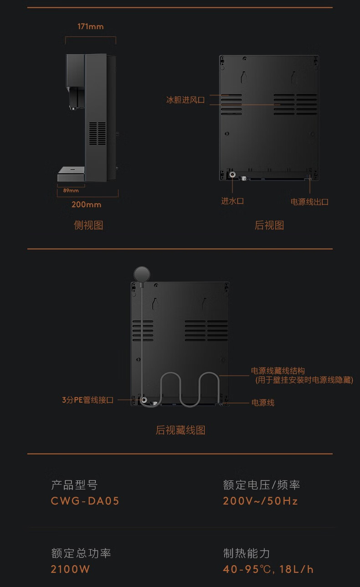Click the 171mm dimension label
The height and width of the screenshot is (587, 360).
pyautogui.click(x=91, y=26)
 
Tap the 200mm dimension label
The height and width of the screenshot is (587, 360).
pyautogui.click(x=86, y=204)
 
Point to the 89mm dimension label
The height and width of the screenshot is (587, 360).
pyautogui.click(x=71, y=190)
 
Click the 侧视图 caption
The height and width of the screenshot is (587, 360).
pyautogui.click(x=88, y=225)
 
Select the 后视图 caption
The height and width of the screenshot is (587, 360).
pyautogui.click(x=269, y=225)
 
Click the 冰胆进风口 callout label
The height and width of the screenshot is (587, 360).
pyautogui.click(x=185, y=100)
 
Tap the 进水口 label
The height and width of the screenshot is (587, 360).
pyautogui.click(x=232, y=201)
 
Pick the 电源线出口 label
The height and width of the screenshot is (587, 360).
pyautogui.click(x=309, y=201)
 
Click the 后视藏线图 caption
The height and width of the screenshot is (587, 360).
pyautogui.click(x=180, y=430)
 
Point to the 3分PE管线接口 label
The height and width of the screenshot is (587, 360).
pyautogui.click(x=88, y=400)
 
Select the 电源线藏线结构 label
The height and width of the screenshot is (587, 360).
pyautogui.click(x=278, y=371)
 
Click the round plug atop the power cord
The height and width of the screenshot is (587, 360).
pyautogui.click(x=141, y=274)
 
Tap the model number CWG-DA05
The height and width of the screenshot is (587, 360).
pyautogui.click(x=85, y=501)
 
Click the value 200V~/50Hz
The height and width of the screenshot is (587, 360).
pyautogui.click(x=260, y=501)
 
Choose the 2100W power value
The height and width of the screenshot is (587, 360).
pyautogui.click(x=70, y=569)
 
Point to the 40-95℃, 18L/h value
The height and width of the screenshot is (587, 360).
pyautogui.click(x=268, y=569)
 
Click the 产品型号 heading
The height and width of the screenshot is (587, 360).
pyautogui.click(x=74, y=485)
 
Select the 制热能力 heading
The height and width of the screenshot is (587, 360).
pyautogui.click(x=247, y=553)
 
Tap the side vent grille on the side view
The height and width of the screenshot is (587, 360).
pyautogui.click(x=97, y=133)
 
